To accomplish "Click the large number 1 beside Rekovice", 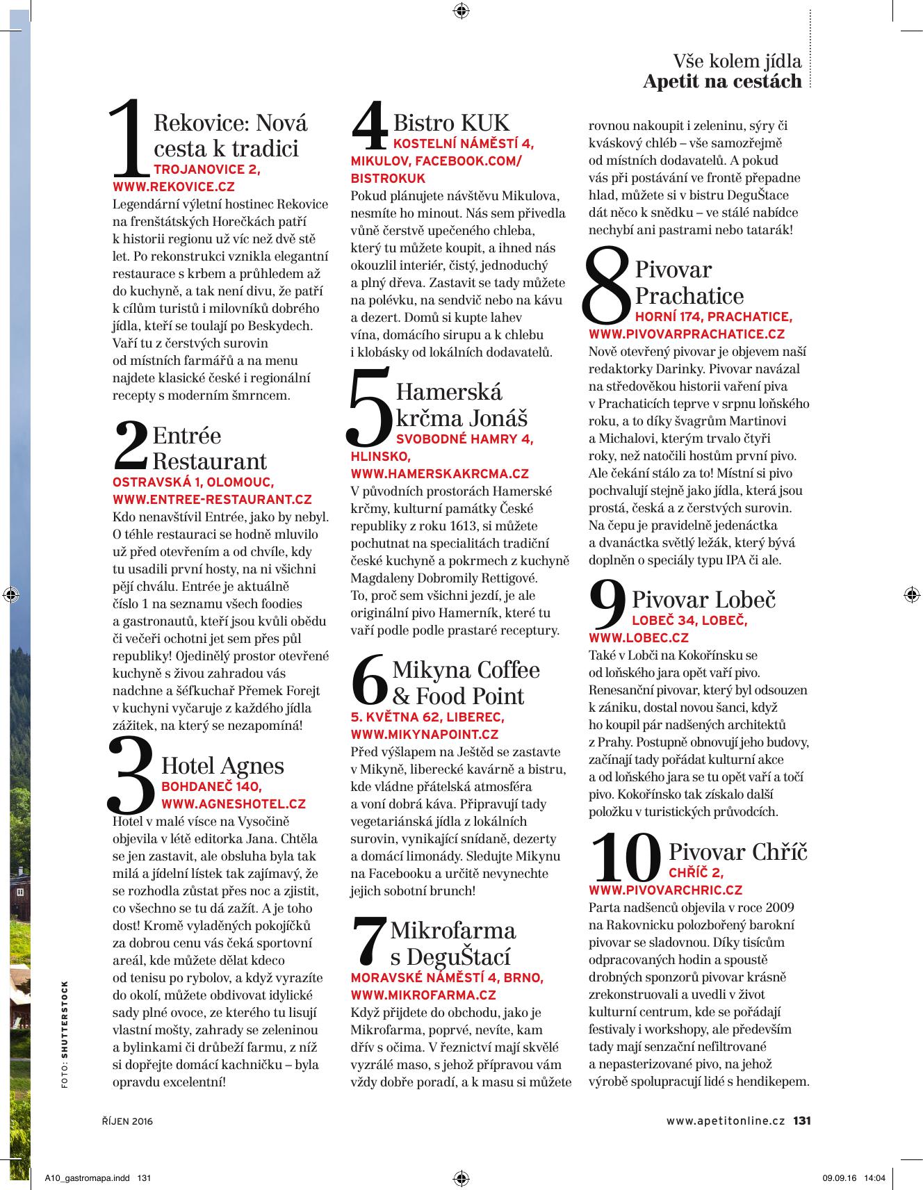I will click(131, 139).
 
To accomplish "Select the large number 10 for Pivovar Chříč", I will click(626, 860).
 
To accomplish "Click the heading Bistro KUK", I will click(451, 123).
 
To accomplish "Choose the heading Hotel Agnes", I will click(222, 766).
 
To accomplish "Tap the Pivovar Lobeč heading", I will click(703, 599).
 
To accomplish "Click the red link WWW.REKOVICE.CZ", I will click(174, 186).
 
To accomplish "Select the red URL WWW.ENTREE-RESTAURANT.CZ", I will click(212, 499).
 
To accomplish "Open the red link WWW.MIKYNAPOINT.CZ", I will click(425, 734).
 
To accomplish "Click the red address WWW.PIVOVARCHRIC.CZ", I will click(665, 890).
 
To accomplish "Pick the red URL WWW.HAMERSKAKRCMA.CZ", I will click(440, 474).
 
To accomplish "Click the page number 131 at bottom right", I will click(802, 1121).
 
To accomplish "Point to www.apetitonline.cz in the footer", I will click(726, 1121).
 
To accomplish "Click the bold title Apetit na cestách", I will click(722, 81).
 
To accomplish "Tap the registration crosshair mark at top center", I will click(461, 10).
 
